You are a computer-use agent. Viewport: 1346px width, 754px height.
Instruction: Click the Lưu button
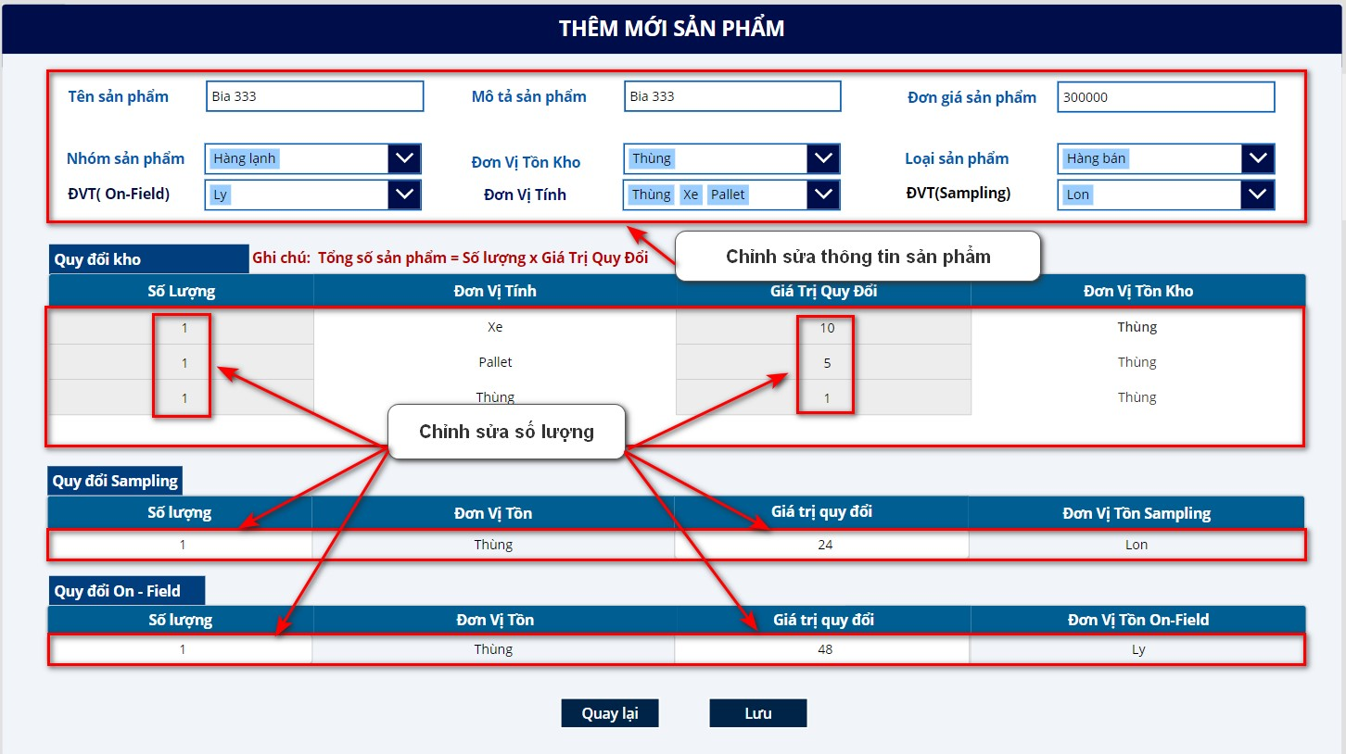(x=757, y=712)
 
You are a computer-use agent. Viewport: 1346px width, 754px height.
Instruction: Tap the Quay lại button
(x=610, y=712)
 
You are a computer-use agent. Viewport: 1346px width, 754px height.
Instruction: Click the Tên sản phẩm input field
(x=315, y=96)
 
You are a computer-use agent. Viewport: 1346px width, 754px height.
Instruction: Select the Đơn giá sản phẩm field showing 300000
(x=1166, y=96)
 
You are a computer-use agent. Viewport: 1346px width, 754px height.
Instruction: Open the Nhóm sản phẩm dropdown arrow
(x=404, y=158)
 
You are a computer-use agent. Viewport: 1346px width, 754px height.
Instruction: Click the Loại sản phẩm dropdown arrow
(x=1258, y=158)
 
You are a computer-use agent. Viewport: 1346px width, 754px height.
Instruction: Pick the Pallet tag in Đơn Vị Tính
(x=728, y=195)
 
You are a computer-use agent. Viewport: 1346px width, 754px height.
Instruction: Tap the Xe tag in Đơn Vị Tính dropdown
(x=691, y=195)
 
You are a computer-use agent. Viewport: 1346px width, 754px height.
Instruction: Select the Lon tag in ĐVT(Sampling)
(x=1077, y=195)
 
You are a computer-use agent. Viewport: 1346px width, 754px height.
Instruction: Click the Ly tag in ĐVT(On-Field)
(x=220, y=195)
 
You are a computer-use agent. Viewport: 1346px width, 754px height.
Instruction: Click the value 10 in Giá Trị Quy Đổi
(x=827, y=328)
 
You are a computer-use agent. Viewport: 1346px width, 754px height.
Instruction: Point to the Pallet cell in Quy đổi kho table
(x=495, y=362)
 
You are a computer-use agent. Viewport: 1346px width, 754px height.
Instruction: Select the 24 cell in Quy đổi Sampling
(x=825, y=545)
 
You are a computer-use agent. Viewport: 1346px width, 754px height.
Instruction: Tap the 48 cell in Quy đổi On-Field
(x=825, y=649)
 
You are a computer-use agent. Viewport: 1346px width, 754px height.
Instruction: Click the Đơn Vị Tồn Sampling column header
(x=1136, y=512)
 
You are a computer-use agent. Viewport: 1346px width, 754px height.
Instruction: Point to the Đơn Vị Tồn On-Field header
(x=1138, y=620)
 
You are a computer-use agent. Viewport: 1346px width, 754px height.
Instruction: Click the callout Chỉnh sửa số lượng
(x=506, y=432)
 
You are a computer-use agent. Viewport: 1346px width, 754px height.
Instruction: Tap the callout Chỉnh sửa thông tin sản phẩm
(x=858, y=257)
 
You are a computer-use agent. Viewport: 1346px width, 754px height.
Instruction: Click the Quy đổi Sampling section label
(x=115, y=481)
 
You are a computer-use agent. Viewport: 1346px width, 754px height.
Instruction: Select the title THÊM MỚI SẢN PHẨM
(x=672, y=28)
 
